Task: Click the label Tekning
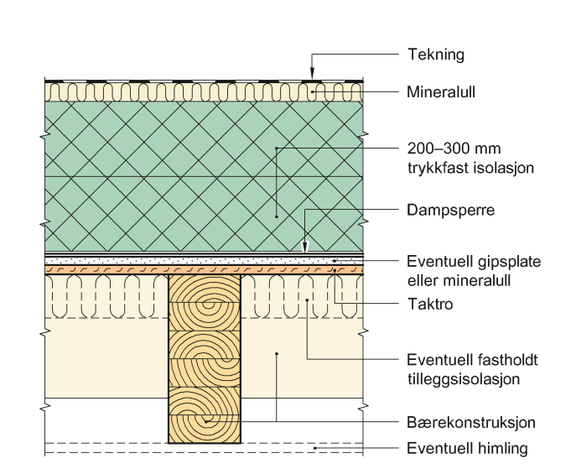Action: pyautogui.click(x=435, y=55)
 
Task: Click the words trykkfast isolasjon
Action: pyautogui.click(x=470, y=168)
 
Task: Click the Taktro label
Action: pyautogui.click(x=429, y=305)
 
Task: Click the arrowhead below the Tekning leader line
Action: pyautogui.click(x=312, y=75)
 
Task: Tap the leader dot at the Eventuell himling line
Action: pyautogui.click(x=315, y=448)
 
